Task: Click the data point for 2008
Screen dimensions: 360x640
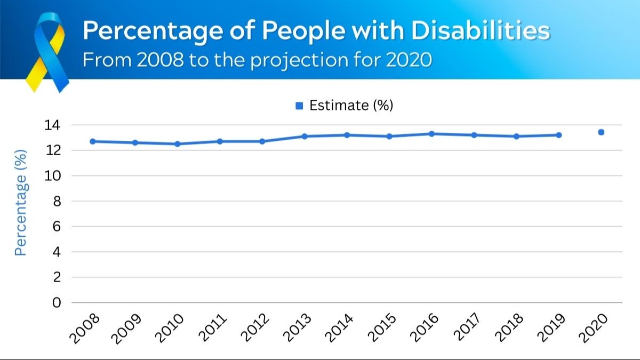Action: coord(92,141)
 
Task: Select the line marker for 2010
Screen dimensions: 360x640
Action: coord(177,144)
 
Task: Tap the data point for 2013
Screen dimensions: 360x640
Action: coord(305,136)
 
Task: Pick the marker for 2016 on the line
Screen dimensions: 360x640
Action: coord(431,134)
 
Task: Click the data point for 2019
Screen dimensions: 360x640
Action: coord(559,135)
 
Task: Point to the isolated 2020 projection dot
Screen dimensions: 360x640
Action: coord(601,132)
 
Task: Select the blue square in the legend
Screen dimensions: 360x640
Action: coord(299,106)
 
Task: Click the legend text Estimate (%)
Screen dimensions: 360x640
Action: coord(351,106)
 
